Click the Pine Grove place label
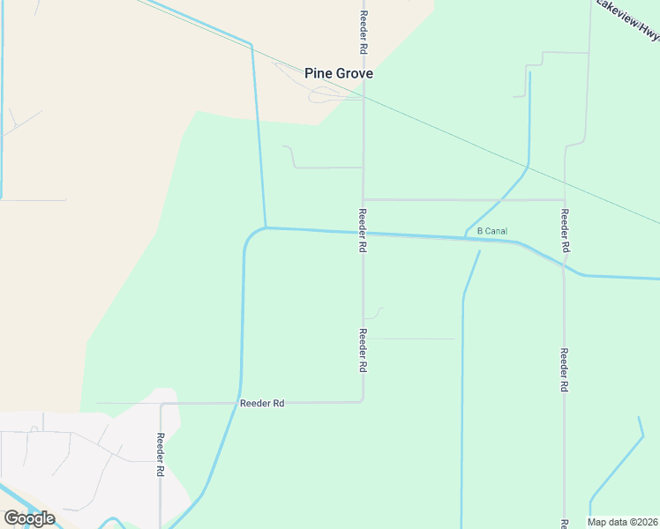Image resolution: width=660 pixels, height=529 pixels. [x=339, y=74]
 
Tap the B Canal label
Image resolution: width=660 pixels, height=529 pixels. [x=492, y=231]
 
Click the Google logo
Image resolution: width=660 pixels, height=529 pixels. [x=29, y=518]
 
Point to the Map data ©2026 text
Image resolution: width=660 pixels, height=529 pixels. [x=623, y=522]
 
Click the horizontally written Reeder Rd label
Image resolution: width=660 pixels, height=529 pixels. [x=262, y=403]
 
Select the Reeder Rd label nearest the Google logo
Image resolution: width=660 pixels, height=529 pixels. [x=161, y=454]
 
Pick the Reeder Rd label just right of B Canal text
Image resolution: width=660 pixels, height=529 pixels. [x=565, y=230]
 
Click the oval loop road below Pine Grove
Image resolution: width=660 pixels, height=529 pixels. [x=325, y=94]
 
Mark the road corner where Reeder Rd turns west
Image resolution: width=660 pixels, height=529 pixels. [x=363, y=401]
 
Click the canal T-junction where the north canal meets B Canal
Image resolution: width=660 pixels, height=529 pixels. [x=265, y=227]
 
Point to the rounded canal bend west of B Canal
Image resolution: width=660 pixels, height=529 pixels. [x=248, y=238]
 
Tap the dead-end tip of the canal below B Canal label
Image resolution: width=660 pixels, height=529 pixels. [x=479, y=252]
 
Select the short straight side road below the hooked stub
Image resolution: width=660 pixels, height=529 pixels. [x=410, y=339]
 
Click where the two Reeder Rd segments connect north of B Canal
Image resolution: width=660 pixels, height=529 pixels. [x=364, y=199]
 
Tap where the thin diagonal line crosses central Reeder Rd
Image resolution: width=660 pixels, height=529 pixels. [x=364, y=99]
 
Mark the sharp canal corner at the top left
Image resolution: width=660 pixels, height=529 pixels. [x=251, y=44]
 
